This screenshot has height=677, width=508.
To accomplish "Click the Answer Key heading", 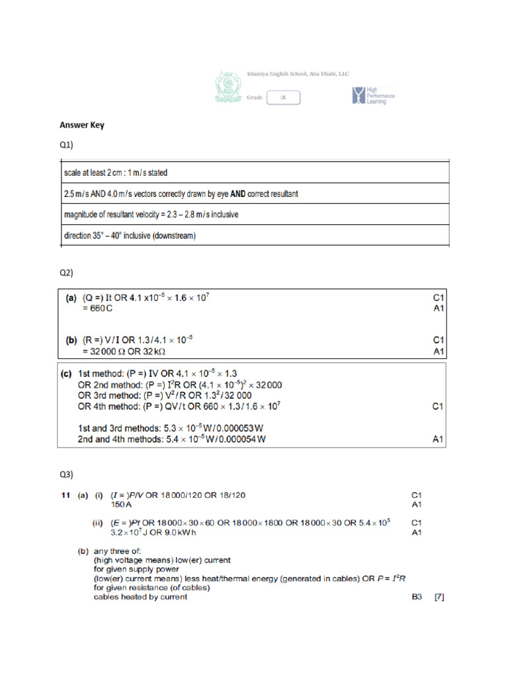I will (x=82, y=124).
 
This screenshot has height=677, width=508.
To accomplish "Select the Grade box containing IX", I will (x=283, y=98).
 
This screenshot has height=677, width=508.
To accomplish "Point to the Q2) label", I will (x=67, y=272).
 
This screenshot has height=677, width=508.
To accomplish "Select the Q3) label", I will (x=67, y=474).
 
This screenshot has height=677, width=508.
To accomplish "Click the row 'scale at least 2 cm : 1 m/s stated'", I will (x=116, y=173).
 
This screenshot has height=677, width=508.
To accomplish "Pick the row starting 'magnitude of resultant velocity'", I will (x=151, y=215).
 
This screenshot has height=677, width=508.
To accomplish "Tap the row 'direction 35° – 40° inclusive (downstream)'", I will (x=130, y=236).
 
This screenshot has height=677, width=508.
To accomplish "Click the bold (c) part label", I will (x=66, y=373).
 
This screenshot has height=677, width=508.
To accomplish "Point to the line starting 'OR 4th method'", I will (x=179, y=407).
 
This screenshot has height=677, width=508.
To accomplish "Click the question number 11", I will (x=65, y=494).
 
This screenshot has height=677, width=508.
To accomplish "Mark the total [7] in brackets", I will (x=439, y=596).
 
